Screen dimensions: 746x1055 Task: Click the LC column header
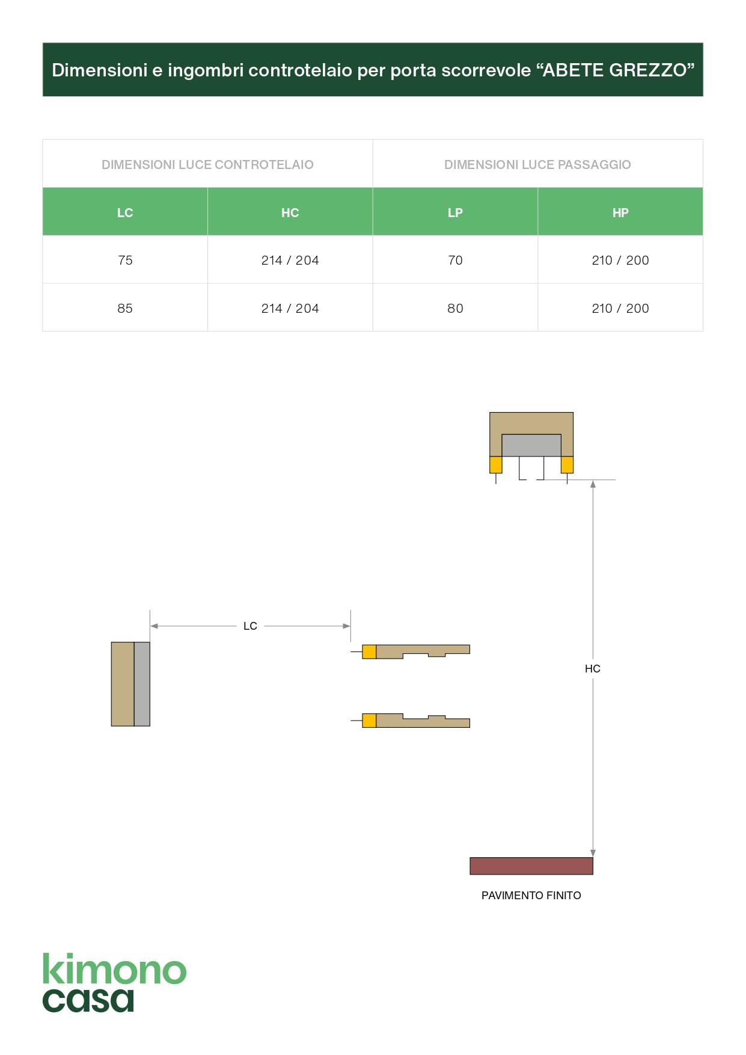tap(125, 212)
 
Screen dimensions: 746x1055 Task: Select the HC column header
tap(290, 212)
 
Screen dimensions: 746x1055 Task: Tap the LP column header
tap(455, 212)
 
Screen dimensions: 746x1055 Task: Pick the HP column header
tap(620, 212)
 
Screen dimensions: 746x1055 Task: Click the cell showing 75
tap(125, 260)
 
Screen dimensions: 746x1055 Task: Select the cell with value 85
tap(125, 308)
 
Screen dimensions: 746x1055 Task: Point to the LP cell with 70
tap(455, 260)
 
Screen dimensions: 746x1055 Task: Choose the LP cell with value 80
tap(455, 308)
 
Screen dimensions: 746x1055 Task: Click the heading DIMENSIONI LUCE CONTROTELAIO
tap(207, 164)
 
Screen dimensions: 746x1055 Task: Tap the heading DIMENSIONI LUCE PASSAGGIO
tap(537, 164)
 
